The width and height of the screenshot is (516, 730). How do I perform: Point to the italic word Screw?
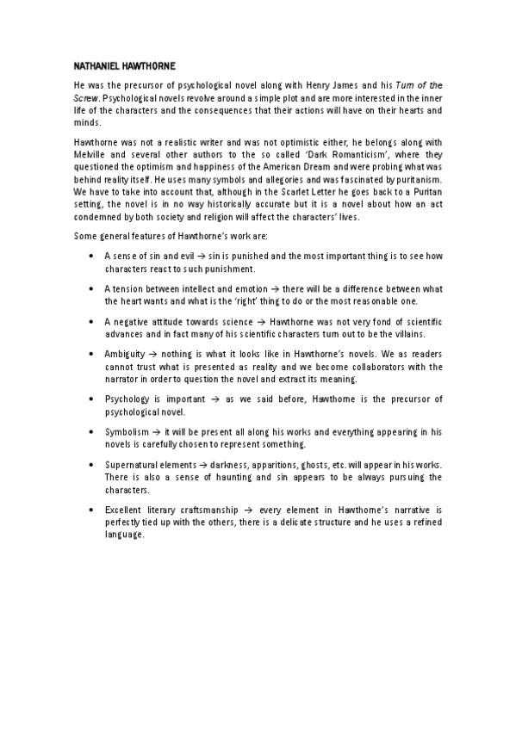(84, 99)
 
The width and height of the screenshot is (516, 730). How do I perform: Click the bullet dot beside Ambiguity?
(92, 355)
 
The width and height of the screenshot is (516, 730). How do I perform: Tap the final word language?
(125, 535)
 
